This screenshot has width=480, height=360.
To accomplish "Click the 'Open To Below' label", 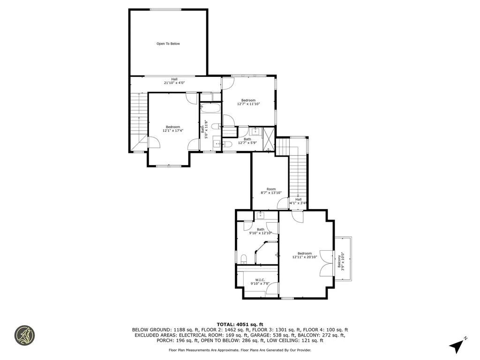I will (168, 44).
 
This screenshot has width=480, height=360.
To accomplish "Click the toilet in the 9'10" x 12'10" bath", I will (244, 258).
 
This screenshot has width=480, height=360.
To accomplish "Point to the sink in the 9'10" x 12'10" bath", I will (261, 216).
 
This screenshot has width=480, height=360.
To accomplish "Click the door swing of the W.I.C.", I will (271, 287).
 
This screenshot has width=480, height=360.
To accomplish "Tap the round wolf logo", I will (24, 335).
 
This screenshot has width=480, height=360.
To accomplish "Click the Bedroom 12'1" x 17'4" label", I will (172, 128).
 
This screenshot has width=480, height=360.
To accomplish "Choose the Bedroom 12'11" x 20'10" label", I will (305, 255).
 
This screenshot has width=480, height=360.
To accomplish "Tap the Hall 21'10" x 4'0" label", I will (174, 81).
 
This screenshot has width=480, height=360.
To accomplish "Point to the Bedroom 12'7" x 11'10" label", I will (248, 102).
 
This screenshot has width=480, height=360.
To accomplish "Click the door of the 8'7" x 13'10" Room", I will (282, 203).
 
